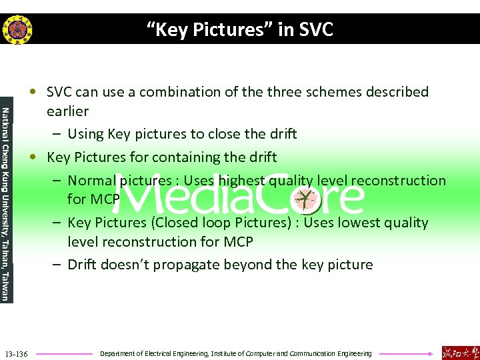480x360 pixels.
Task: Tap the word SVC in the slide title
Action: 312,29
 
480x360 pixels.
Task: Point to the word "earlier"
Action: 67,111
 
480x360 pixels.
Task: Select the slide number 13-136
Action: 16,353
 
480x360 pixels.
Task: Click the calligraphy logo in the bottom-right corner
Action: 459,352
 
